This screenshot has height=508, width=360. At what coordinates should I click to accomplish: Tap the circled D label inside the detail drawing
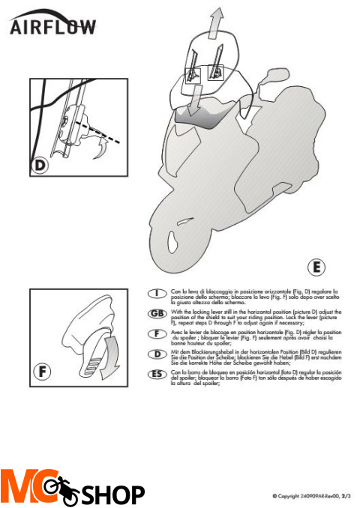(42, 163)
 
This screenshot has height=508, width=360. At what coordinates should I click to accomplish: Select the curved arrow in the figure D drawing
(95, 152)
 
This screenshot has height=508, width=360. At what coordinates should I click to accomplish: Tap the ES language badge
(157, 373)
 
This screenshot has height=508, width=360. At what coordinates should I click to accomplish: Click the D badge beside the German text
(157, 353)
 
